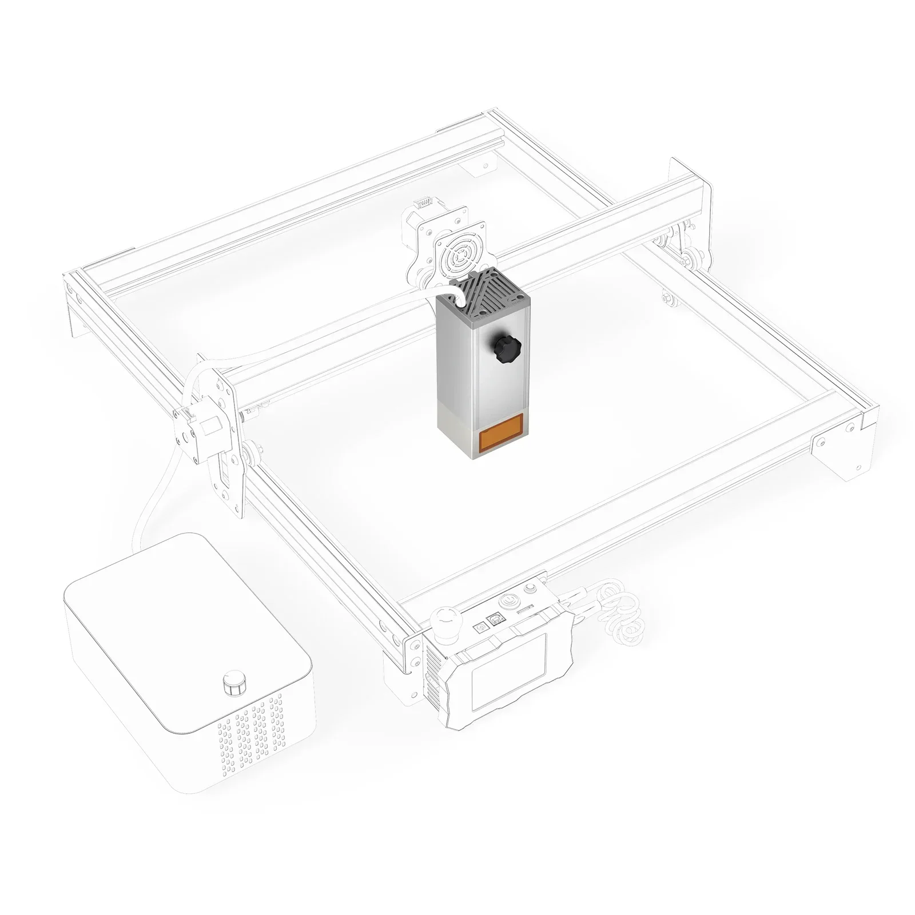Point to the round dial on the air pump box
tap(233, 684)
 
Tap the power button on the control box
tap(507, 601)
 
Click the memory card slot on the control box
tap(525, 611)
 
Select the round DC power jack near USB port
tap(479, 627)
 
